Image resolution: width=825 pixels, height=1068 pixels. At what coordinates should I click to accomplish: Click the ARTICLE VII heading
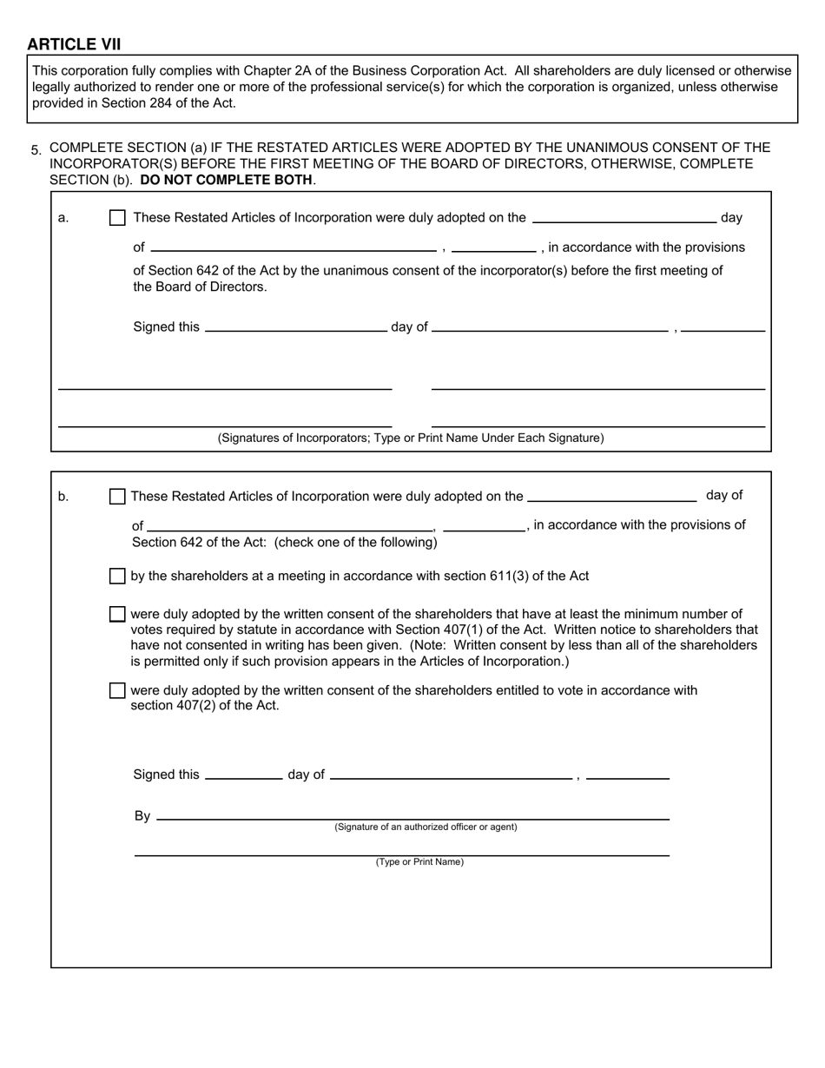74,44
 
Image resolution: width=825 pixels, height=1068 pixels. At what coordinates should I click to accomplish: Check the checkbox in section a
117,218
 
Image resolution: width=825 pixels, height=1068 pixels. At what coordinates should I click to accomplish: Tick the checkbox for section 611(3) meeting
117,576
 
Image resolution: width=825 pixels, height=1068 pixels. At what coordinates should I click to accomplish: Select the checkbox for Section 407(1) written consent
117,614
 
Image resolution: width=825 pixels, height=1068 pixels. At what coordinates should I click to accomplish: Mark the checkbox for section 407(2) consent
117,690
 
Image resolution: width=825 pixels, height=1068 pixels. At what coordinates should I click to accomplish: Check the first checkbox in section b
117,497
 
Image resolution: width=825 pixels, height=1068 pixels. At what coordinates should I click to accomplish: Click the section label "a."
63,218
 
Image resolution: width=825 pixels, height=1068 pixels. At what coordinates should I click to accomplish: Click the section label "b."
63,497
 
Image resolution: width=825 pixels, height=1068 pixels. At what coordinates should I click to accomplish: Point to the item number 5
36,150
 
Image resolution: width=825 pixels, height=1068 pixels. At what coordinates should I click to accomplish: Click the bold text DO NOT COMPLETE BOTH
226,180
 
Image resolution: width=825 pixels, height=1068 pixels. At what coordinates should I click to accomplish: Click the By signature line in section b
412,814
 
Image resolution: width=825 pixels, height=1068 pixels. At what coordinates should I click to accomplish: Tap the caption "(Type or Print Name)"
419,862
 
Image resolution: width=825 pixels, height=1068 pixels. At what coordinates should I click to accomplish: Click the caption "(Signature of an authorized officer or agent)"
426,827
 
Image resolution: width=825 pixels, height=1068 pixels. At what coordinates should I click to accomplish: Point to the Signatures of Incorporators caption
411,438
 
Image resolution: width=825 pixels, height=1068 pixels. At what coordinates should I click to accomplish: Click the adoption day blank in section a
624,218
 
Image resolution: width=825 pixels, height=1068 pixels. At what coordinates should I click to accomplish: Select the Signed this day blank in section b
243,774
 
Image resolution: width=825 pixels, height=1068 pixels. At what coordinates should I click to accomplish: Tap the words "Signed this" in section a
166,326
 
